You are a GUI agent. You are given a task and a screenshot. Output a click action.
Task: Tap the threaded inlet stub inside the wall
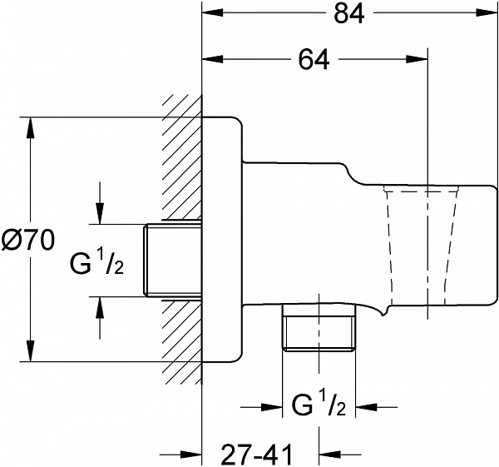(x=175, y=260)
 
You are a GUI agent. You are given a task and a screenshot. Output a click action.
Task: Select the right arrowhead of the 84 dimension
(x=491, y=15)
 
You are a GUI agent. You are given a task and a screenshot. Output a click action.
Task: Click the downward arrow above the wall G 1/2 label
(x=101, y=216)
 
